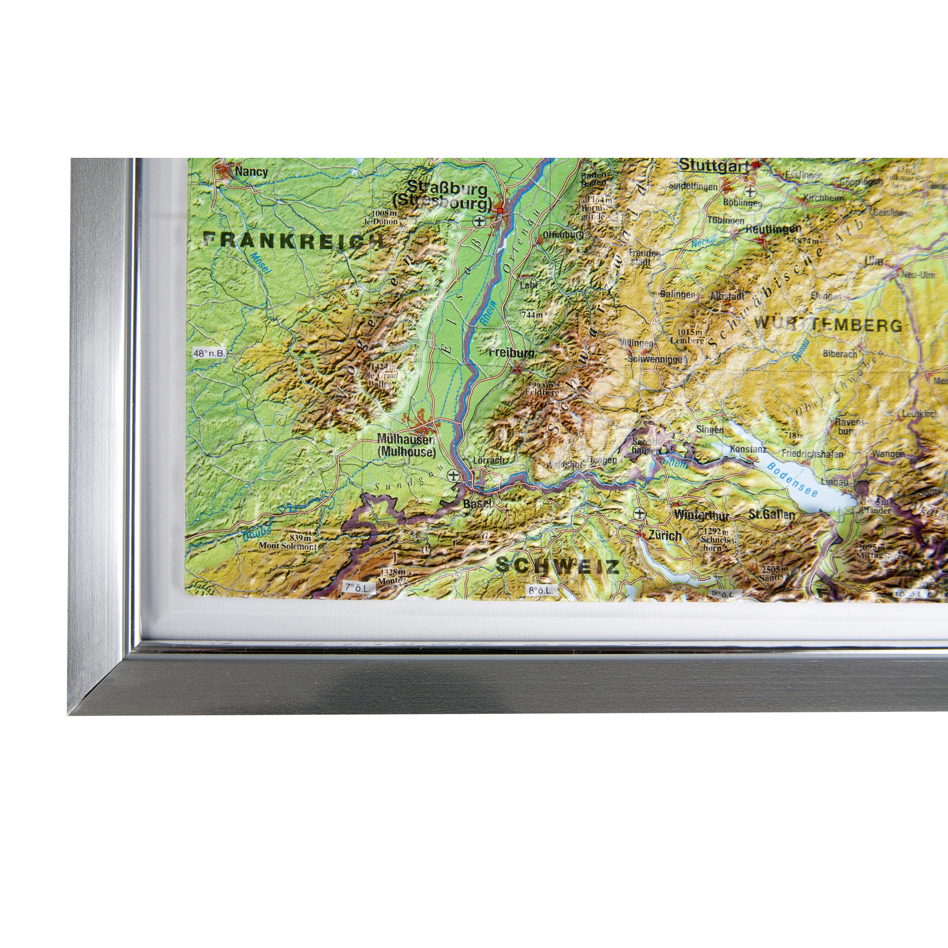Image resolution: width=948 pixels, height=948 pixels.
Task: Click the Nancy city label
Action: point(251,172)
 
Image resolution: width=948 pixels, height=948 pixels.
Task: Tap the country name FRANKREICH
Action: point(293,240)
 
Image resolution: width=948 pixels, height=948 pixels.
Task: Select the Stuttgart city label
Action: point(714,166)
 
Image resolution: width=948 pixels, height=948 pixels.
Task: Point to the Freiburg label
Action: point(512,352)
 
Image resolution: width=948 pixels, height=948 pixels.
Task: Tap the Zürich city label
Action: point(665,535)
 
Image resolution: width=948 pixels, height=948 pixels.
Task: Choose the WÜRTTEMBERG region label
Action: point(828,325)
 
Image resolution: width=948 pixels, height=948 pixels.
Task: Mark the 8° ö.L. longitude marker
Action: point(541,591)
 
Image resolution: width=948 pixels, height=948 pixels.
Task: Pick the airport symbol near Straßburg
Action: point(479,222)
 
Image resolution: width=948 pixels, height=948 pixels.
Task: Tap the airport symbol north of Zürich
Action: point(639,514)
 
